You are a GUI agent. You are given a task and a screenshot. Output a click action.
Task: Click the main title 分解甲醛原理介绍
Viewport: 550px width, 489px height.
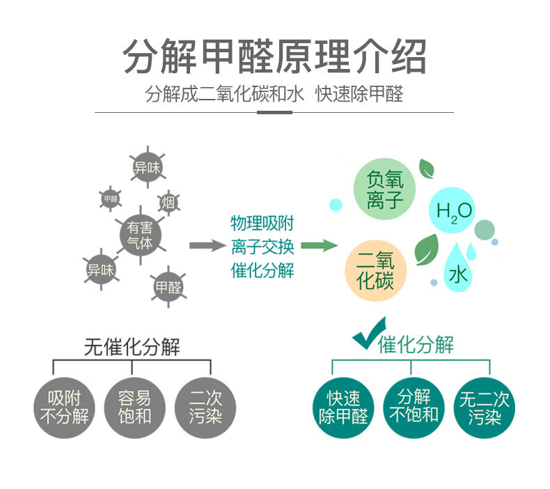click(x=274, y=56)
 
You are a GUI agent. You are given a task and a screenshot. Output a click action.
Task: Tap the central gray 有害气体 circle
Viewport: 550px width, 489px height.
click(x=140, y=235)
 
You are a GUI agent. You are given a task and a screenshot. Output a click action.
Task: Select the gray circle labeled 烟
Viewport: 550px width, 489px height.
click(x=168, y=203)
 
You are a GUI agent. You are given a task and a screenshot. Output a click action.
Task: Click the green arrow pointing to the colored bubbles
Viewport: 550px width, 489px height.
click(x=318, y=245)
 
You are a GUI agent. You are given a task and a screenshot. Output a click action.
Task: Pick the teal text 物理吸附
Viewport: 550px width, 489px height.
click(x=262, y=224)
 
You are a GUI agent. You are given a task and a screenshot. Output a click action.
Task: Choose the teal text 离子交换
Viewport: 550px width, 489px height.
click(x=262, y=247)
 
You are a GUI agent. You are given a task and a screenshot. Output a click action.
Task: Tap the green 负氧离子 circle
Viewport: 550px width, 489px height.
click(x=385, y=190)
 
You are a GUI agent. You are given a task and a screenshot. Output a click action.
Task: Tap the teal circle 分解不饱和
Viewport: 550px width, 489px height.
click(x=414, y=407)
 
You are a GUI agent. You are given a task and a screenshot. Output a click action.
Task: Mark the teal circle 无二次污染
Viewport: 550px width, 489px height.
click(x=485, y=408)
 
